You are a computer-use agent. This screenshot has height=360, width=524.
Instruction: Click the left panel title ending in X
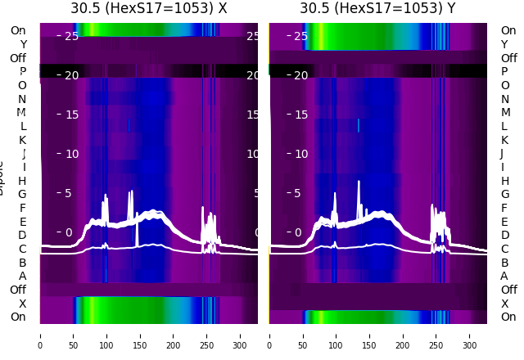pyautogui.click(x=148, y=8)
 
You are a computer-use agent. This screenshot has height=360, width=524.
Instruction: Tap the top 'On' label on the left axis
pyautogui.click(x=18, y=30)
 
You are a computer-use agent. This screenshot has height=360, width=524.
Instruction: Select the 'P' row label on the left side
pyautogui.click(x=23, y=71)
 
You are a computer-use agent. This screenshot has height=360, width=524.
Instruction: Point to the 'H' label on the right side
pyautogui.click(x=504, y=181)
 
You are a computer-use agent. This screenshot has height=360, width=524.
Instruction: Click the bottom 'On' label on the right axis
pyautogui.click(x=508, y=317)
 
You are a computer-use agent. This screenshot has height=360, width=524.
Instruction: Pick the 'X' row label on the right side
pyautogui.click(x=504, y=304)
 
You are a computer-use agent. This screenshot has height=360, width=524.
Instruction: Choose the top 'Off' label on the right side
pyautogui.click(x=508, y=58)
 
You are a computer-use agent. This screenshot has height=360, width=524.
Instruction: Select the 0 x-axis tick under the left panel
pyautogui.click(x=40, y=335)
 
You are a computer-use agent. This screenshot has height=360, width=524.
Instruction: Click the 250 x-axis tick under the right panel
pyautogui.click(x=436, y=335)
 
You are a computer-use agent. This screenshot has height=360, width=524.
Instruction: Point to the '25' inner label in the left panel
pyautogui.click(x=71, y=36)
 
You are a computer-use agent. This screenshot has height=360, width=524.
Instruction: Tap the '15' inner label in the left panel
pyautogui.click(x=71, y=115)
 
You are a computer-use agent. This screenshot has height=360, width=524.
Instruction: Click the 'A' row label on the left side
pyautogui.click(x=22, y=276)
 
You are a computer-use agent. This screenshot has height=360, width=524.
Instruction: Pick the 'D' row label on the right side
pyautogui.click(x=504, y=235)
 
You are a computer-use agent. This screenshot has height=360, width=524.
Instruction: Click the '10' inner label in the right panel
pyautogui.click(x=300, y=154)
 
